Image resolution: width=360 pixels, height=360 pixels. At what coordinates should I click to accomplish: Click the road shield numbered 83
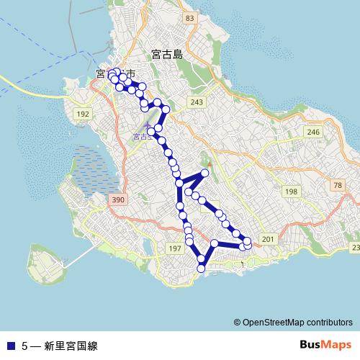[x=189, y=17]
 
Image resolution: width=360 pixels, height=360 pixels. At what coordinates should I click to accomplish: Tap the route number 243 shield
[x=197, y=103]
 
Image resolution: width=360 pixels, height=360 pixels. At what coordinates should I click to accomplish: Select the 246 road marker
[x=312, y=132]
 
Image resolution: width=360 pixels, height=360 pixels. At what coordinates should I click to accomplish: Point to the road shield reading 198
[x=291, y=192]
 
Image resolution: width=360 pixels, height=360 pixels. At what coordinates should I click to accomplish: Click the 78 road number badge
[x=338, y=186]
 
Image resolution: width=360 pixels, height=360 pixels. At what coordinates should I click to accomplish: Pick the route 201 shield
[x=267, y=239]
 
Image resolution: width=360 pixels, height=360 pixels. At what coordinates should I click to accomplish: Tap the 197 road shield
[x=174, y=248]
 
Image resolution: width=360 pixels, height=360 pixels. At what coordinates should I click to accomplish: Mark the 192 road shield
[x=83, y=114]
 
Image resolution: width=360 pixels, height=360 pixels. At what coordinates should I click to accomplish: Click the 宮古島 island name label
[x=167, y=55]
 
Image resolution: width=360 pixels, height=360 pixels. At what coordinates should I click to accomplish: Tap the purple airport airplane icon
[x=148, y=126]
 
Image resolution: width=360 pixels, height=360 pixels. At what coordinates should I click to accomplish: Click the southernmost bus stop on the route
[x=201, y=269]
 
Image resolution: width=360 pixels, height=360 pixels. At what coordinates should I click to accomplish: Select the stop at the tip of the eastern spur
[x=205, y=173]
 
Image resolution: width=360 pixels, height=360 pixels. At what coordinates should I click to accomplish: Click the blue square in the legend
[x=10, y=346]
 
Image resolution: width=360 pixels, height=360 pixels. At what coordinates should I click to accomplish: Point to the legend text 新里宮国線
[x=70, y=346]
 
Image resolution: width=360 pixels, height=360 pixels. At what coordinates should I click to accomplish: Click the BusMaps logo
[x=323, y=345]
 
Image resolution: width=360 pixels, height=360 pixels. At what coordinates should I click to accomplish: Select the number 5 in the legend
[x=24, y=346]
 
